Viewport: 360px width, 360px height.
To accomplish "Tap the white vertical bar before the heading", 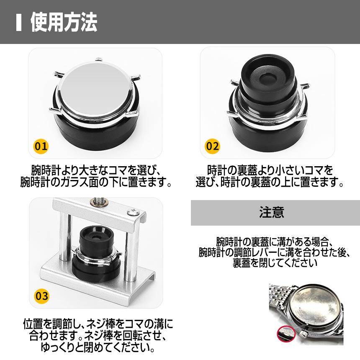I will point(18,23).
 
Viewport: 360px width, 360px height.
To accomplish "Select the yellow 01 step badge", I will point(41,147).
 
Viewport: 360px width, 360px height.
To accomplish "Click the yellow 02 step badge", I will point(212,147).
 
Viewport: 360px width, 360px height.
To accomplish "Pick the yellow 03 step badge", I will point(41,296).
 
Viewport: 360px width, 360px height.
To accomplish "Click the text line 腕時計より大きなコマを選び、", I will point(96,170).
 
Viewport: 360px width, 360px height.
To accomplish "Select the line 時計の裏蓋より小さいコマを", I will point(270,170).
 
